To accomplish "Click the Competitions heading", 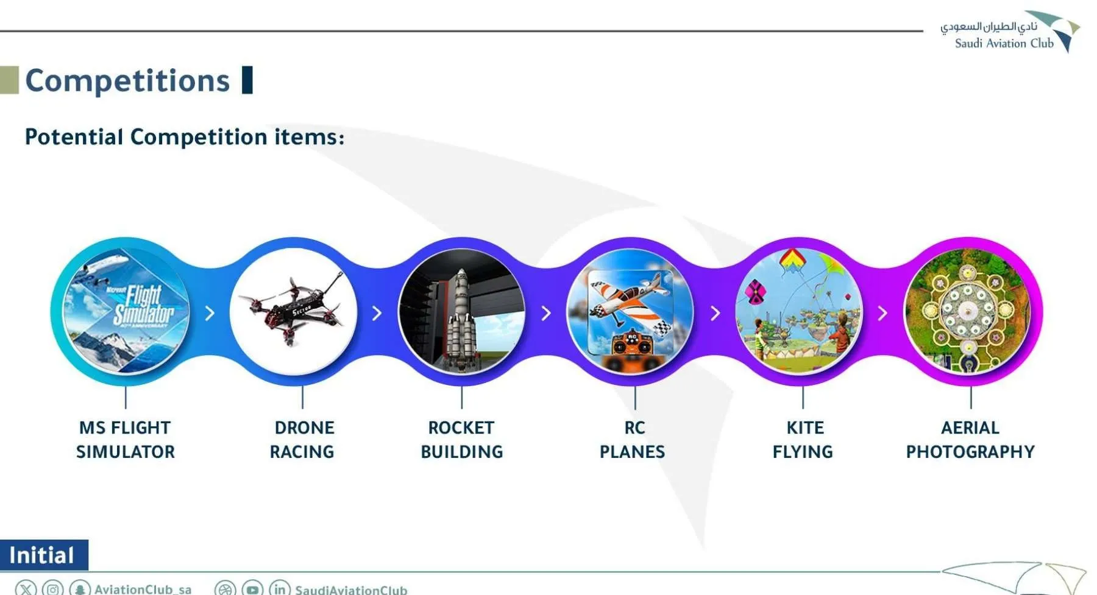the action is [x=127, y=80].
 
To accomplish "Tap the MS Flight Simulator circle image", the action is [x=126, y=311].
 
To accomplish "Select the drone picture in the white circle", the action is [x=294, y=311].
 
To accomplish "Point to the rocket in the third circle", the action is [x=461, y=319].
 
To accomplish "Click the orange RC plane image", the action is [x=630, y=311].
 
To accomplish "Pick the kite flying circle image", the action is [x=799, y=311].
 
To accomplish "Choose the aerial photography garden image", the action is [x=967, y=311].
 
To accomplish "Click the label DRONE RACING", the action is [x=302, y=440].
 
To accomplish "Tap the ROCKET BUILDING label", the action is [x=462, y=440].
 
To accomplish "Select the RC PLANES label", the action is [x=633, y=440].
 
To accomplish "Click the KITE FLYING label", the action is [x=803, y=440].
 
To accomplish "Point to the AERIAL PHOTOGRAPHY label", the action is [x=970, y=440].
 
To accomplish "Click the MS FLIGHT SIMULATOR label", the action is [x=126, y=440].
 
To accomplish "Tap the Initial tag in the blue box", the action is [x=41, y=555].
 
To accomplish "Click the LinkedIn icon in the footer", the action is [x=279, y=589].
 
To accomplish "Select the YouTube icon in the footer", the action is [x=252, y=589].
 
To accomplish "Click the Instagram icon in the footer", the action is [x=53, y=589].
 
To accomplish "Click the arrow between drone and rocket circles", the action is [x=377, y=313].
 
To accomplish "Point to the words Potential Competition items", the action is [x=185, y=137].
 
